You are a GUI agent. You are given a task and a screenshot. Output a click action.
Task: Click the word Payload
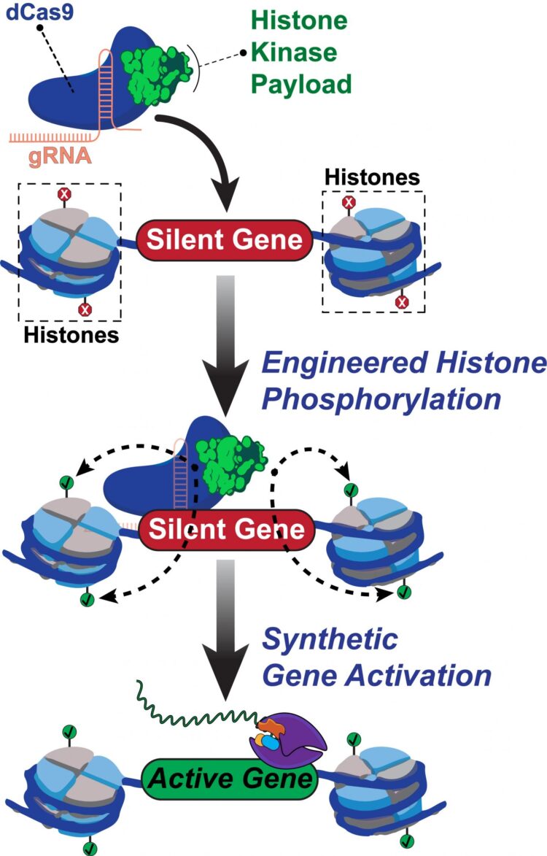(x=300, y=85)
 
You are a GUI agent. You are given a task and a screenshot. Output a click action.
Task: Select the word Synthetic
(x=330, y=640)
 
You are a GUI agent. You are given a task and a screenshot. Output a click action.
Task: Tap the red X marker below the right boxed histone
(x=400, y=301)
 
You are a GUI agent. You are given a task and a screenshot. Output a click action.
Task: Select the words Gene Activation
(x=376, y=674)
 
